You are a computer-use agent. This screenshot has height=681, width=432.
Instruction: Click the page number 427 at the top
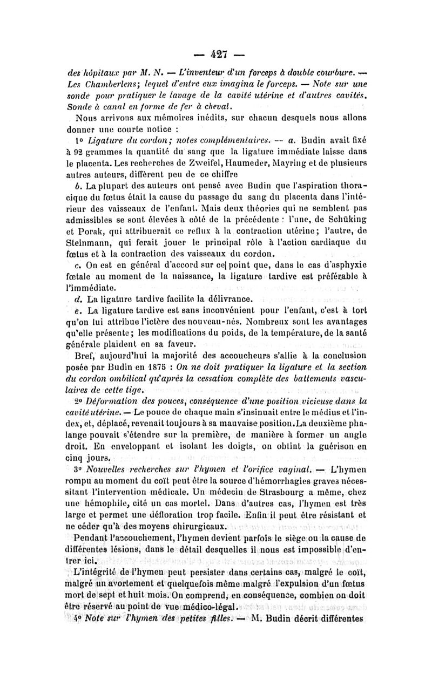pos(216,55)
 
